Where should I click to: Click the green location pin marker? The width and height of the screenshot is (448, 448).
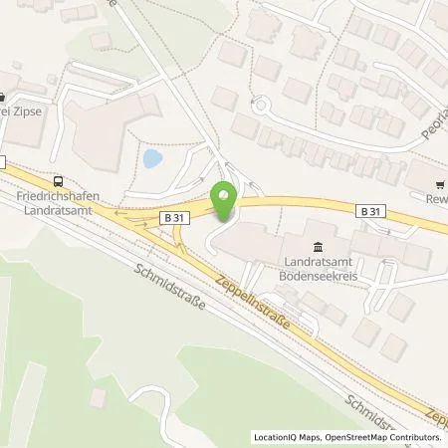(x=224, y=198)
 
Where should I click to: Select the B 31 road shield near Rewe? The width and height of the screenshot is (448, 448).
(x=370, y=211)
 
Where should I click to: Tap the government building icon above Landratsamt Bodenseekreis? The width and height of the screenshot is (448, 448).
(x=318, y=247)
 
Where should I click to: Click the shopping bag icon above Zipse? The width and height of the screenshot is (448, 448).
(x=3, y=97)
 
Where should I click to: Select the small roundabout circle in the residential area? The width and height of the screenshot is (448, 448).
(x=263, y=104)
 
